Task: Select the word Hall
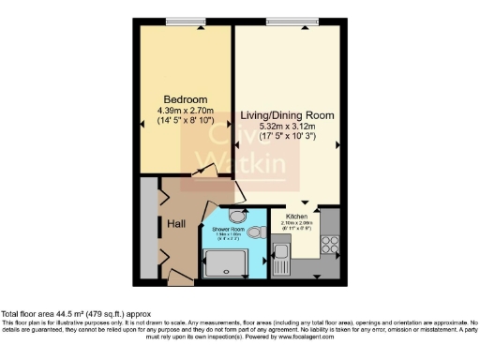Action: [177, 224]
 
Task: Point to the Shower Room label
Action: [227, 229]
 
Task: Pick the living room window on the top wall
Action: [285, 21]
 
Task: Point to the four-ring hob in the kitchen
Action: [330, 244]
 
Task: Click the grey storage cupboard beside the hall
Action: [147, 230]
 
